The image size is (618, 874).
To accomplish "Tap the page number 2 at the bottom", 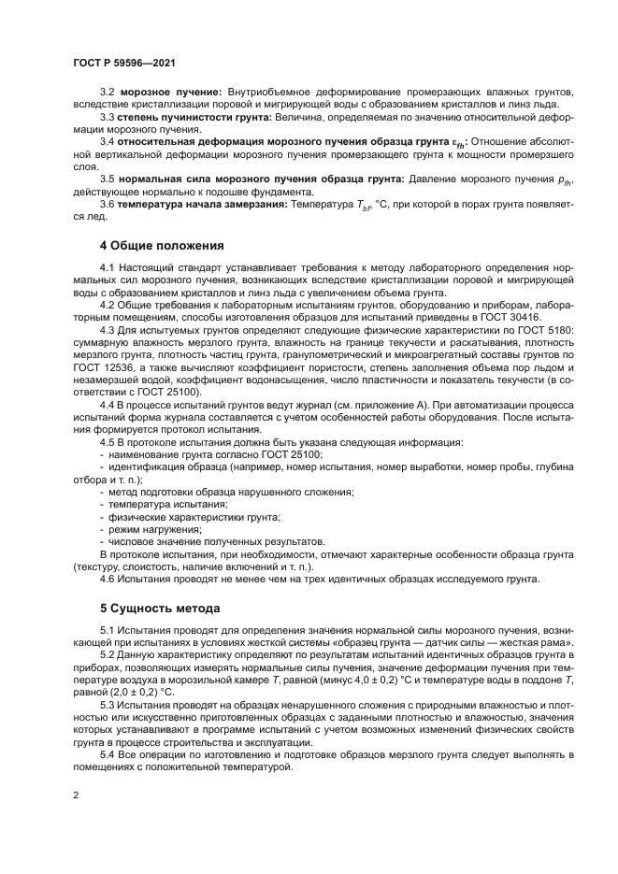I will point(75,793).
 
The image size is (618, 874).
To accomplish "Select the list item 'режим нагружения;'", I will point(148,528).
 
